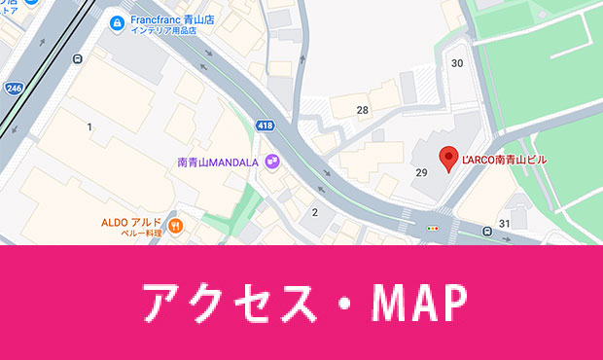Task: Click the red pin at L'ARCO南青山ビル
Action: [x=448, y=158]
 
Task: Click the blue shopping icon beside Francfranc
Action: [x=117, y=22]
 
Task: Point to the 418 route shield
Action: [x=265, y=126]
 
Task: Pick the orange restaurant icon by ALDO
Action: [x=176, y=227]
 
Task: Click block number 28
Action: [x=362, y=110]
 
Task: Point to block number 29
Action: [x=421, y=172]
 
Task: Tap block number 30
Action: [x=457, y=63]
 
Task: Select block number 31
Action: [x=504, y=224]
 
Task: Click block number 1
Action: [x=89, y=127]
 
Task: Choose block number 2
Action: [x=314, y=212]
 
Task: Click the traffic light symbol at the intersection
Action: [x=432, y=229]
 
